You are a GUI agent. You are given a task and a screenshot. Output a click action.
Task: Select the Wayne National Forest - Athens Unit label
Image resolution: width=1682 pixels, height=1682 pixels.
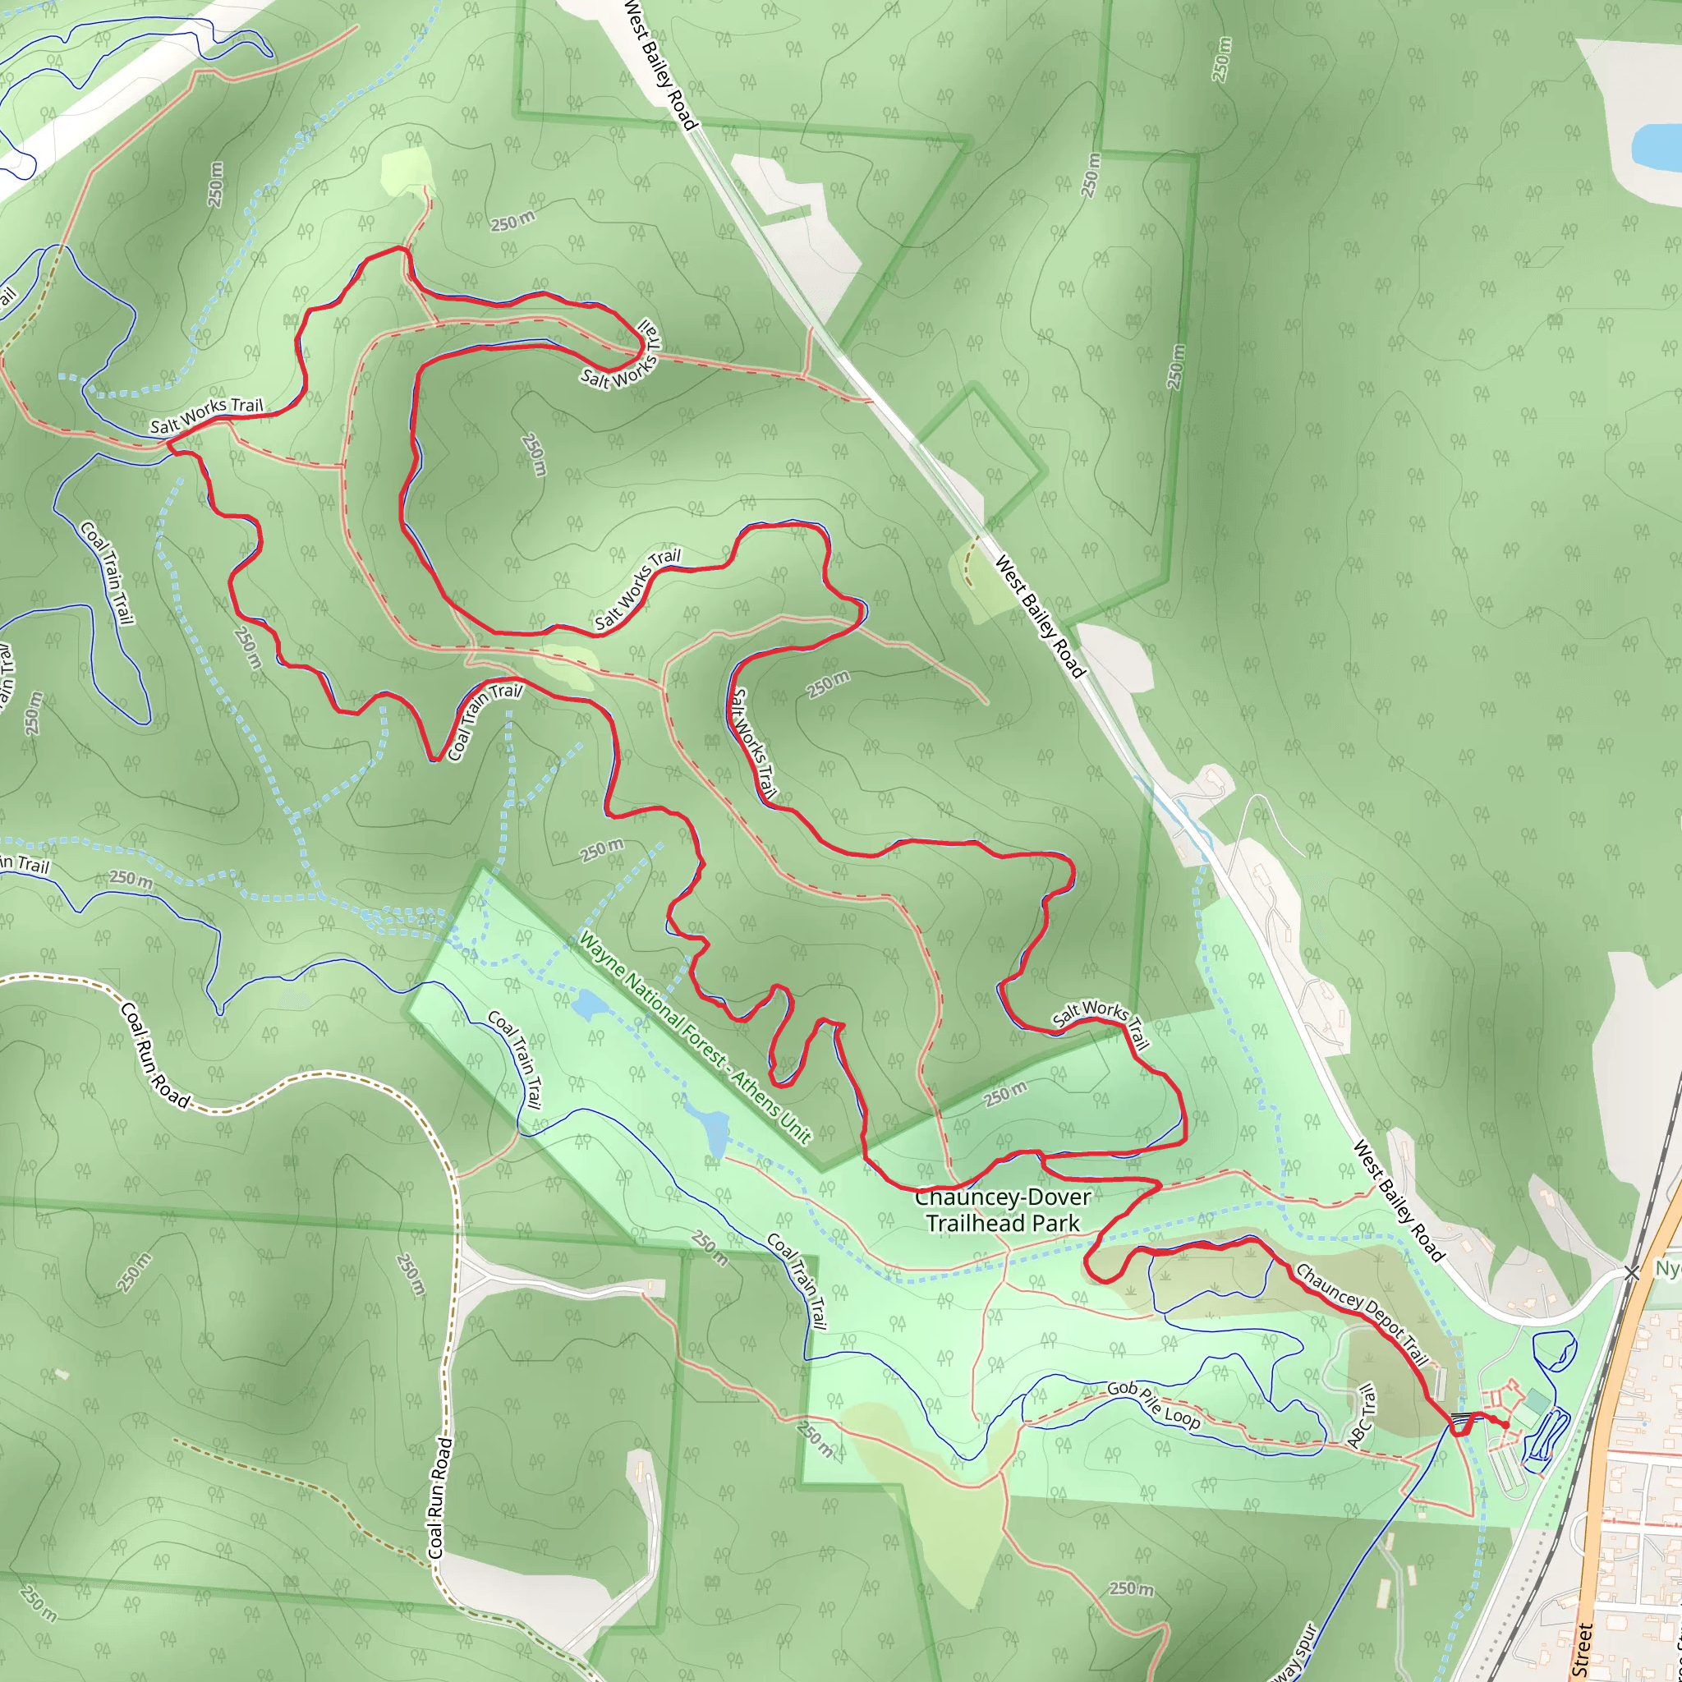(695, 1038)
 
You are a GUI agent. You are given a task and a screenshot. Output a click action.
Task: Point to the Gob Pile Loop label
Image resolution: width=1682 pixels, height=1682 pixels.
(1154, 1404)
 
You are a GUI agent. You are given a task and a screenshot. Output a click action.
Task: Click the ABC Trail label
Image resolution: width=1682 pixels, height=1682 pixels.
(1363, 1417)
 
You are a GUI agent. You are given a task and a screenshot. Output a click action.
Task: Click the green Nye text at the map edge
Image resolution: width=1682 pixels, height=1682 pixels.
(1668, 1268)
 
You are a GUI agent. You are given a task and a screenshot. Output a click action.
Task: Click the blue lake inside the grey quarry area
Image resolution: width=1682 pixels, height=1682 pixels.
(1655, 145)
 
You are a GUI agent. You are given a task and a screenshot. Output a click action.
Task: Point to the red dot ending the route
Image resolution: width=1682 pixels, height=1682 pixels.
(1505, 1425)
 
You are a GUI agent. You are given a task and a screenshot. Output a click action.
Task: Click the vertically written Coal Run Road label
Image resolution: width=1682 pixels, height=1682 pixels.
(440, 1497)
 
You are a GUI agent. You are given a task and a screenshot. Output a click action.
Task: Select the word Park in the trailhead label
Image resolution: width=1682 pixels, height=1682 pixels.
(1055, 1223)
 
